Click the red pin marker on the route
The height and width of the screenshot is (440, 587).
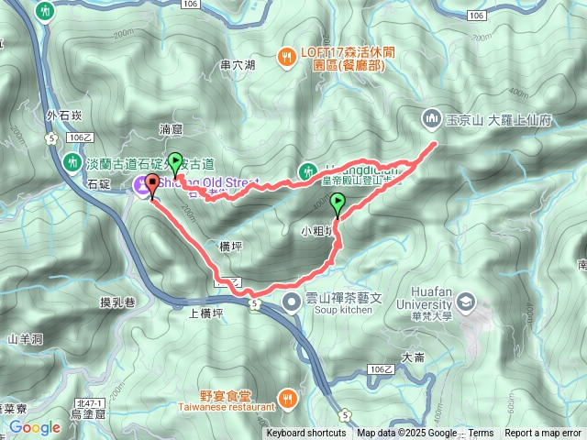(151, 187)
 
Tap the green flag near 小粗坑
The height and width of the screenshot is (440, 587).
(337, 203)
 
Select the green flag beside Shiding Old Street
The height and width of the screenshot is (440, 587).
(173, 162)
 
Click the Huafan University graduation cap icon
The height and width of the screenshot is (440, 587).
(466, 302)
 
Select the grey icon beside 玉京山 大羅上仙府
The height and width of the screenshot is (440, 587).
(431, 119)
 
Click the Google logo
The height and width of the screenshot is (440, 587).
(35, 427)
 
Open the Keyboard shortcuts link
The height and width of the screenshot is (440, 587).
(306, 434)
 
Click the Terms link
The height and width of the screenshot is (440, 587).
(482, 434)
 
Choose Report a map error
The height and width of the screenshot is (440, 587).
(543, 434)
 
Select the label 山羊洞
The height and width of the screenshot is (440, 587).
(26, 339)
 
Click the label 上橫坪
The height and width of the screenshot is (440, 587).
(206, 313)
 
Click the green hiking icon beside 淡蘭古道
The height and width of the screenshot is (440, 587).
(72, 162)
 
